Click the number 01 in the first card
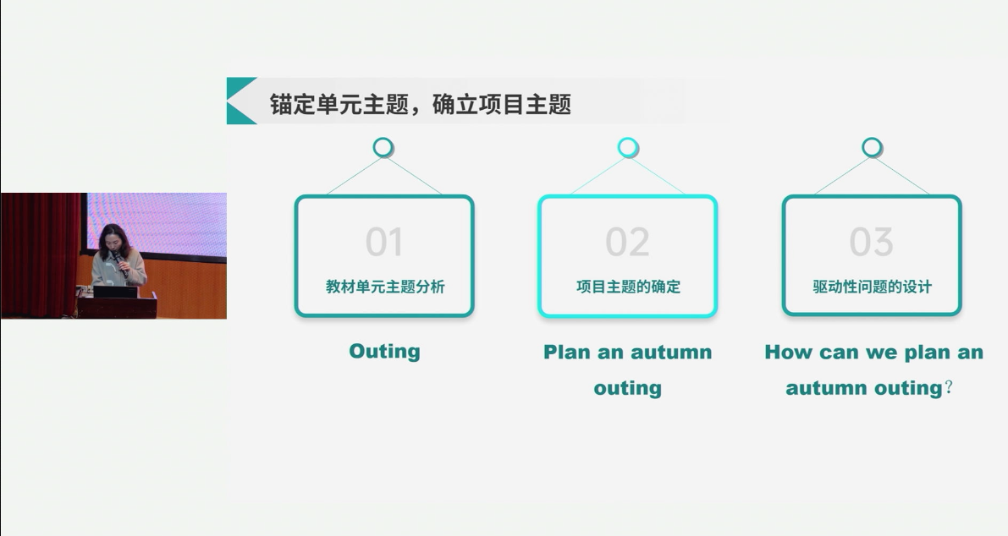(x=383, y=242)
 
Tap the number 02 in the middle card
(x=627, y=242)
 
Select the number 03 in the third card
(x=871, y=242)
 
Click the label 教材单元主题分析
(x=385, y=287)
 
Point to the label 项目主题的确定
(x=628, y=287)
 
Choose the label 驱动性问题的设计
(x=872, y=287)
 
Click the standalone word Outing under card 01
(x=384, y=351)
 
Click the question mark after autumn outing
(x=949, y=388)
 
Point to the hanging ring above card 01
(x=383, y=148)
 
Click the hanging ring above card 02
(x=627, y=148)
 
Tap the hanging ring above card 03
(x=872, y=148)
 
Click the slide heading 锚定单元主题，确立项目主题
(x=421, y=104)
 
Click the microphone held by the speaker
(x=119, y=263)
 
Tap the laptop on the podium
(x=115, y=292)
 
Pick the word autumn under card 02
(x=671, y=352)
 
